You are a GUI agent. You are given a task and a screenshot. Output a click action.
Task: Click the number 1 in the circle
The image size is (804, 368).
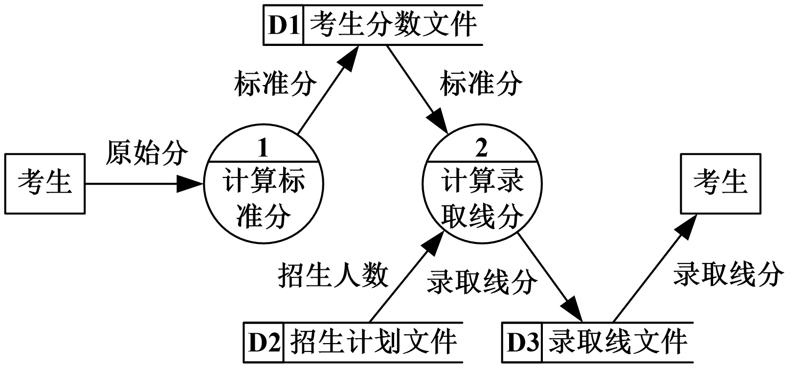pos(263,148)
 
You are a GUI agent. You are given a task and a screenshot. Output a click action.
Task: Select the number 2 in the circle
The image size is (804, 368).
pos(482,148)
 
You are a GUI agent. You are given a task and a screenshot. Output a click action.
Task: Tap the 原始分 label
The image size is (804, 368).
pos(146,153)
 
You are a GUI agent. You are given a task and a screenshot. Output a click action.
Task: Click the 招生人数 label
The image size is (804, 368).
pos(332,276)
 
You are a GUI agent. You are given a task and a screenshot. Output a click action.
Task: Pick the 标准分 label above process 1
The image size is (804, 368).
pos(274,84)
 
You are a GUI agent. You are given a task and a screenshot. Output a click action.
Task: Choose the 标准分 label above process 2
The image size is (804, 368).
pos(480,84)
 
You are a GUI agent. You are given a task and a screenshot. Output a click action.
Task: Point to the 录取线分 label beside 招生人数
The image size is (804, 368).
pos(481,282)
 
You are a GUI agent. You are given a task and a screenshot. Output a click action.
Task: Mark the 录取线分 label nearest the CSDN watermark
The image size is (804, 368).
pos(727,275)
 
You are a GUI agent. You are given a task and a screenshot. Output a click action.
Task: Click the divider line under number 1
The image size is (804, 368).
pos(264,161)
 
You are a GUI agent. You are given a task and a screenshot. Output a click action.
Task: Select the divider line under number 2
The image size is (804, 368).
pos(482,161)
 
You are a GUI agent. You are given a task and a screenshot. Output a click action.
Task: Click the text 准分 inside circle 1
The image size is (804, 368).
pos(264,216)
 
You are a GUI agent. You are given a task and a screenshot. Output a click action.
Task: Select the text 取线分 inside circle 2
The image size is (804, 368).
pos(482,216)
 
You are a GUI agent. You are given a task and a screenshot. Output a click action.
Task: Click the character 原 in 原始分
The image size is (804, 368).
pos(118,153)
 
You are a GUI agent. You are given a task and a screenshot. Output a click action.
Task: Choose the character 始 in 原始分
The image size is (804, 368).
pos(146,153)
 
